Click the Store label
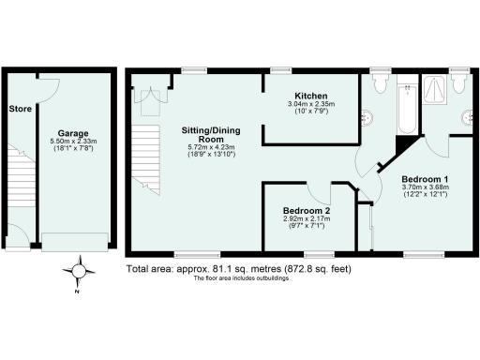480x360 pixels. tap(20, 109)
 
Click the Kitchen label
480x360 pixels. tap(310, 97)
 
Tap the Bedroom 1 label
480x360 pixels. tap(425, 178)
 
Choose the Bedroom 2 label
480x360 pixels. tap(306, 212)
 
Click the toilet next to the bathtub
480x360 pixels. tap(379, 84)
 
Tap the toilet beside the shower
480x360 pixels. tap(458, 84)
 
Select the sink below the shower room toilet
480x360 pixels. tap(467, 117)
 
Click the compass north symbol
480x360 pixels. tap(79, 273)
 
